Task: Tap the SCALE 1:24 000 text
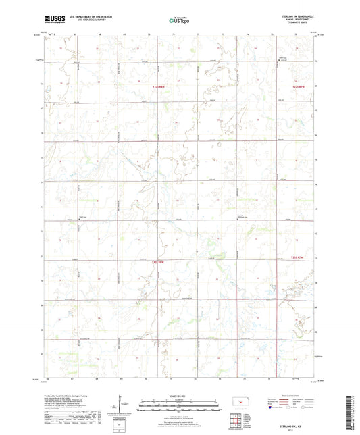point(180,396)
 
